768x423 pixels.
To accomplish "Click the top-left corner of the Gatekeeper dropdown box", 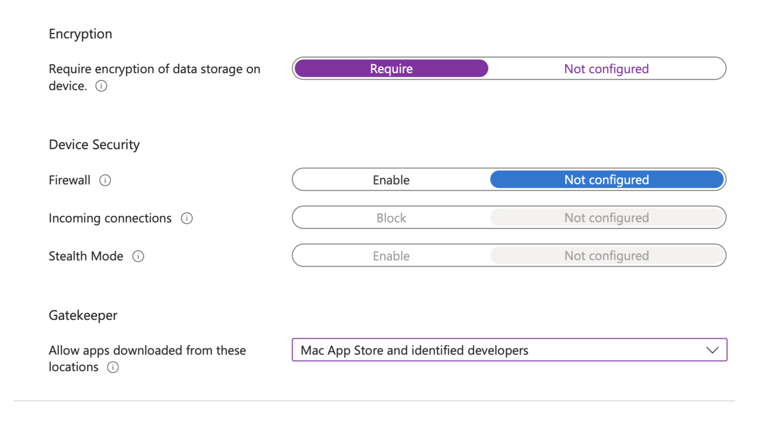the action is (292, 339).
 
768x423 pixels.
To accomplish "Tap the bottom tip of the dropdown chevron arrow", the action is (712, 353).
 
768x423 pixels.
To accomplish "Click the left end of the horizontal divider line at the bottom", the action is (14, 401).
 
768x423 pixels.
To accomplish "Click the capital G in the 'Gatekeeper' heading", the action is (53, 315).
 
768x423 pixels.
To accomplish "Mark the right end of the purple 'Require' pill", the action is (488, 68).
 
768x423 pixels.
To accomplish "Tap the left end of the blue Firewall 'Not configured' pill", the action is (491, 179).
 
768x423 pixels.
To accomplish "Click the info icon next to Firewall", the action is (105, 180).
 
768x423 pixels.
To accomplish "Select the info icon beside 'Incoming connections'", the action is (187, 218).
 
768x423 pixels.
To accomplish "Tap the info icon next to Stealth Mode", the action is (138, 256).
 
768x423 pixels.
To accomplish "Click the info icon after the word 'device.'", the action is (101, 86).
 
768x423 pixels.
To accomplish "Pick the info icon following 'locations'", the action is (113, 367).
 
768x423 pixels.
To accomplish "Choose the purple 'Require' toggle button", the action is (391, 68).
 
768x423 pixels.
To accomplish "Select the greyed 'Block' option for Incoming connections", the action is (391, 218).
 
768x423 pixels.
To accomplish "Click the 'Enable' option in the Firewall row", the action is (391, 179).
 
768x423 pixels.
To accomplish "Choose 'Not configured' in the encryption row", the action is (607, 69).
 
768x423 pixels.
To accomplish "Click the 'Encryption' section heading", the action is (80, 34).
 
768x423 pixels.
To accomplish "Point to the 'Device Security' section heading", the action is (94, 145).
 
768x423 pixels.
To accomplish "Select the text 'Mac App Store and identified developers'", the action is (415, 350).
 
